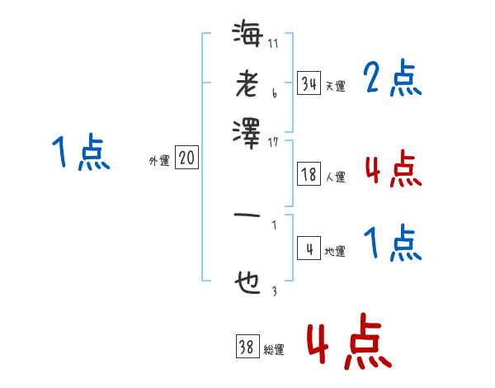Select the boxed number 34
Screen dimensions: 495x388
309,83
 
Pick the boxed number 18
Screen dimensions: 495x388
309,174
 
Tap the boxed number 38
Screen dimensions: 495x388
247,348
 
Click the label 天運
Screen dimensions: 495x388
335,85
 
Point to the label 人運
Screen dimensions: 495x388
335,177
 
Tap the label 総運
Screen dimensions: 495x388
274,350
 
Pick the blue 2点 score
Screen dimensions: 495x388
392,79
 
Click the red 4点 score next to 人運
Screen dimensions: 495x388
392,169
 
